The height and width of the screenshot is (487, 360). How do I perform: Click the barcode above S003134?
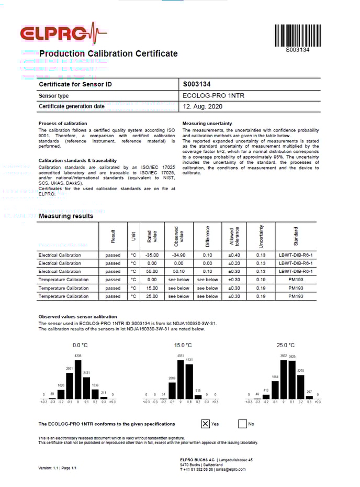tap(298, 35)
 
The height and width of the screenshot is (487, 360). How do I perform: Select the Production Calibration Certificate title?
tap(108, 53)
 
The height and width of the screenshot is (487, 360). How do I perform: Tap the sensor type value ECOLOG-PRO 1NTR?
tap(213, 96)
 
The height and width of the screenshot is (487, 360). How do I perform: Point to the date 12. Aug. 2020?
tap(203, 107)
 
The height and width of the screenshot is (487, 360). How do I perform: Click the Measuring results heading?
tap(66, 216)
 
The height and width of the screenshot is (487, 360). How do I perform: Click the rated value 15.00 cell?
tap(152, 288)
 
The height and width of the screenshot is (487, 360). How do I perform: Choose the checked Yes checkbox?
tap(206, 424)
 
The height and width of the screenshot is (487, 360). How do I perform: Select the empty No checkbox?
tap(242, 424)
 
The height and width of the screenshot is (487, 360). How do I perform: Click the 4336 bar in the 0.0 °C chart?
tap(78, 380)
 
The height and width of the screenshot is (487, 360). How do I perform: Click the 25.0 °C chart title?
tap(286, 345)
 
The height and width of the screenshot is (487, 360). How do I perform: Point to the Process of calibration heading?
tap(62, 124)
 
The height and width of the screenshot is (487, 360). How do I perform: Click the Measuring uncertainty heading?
tap(207, 124)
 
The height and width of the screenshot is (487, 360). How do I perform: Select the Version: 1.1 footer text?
tap(58, 467)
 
